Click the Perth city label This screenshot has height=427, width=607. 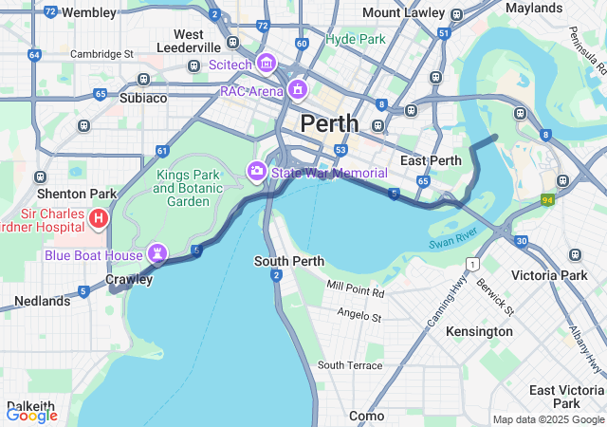click(x=330, y=123)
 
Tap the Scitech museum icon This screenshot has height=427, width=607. click(x=266, y=65)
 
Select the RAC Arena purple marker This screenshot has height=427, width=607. click(x=298, y=91)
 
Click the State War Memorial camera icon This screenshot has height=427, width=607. click(x=256, y=172)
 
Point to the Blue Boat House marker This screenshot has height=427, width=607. click(x=156, y=254)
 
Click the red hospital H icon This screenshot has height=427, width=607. click(x=97, y=220)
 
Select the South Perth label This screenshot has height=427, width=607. click(x=288, y=261)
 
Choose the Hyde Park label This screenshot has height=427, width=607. click(x=356, y=40)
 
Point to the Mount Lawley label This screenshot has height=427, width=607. click(x=403, y=13)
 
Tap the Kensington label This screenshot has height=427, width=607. click(x=479, y=331)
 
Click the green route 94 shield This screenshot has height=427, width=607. click(x=548, y=200)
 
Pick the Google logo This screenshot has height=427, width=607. click(x=31, y=415)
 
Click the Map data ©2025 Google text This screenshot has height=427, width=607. click(x=547, y=419)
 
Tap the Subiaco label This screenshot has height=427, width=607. click(x=143, y=98)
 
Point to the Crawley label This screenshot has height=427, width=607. click(x=128, y=280)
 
